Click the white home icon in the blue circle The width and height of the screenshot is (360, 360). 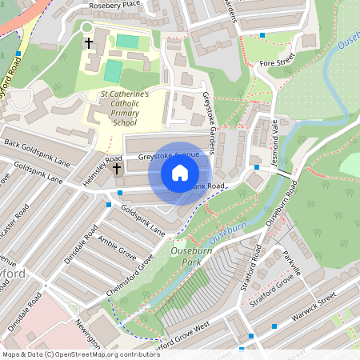coord(179,172)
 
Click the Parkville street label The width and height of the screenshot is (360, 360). coord(291,262)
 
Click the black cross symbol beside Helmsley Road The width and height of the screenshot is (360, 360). coord(117,169)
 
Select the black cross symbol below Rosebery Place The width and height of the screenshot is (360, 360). coord(89,42)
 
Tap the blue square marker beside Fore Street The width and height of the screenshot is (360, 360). coord(262,35)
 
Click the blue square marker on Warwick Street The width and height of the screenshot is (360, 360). coord(274,326)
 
